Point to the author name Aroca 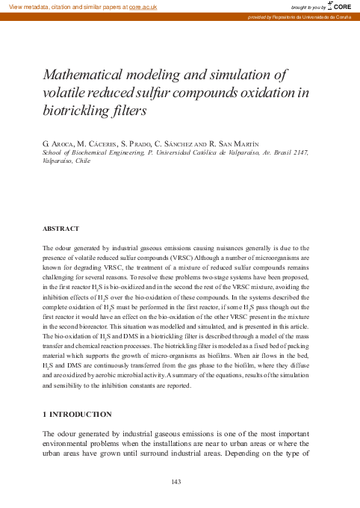pos(65,142)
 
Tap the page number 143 pos(177,481)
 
